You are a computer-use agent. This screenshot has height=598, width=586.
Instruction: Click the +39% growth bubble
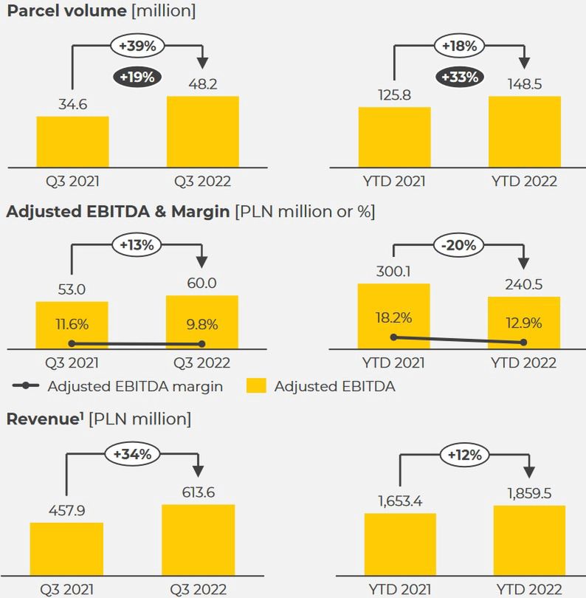tap(137, 46)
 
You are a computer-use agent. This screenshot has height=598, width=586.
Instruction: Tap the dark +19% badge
tap(137, 76)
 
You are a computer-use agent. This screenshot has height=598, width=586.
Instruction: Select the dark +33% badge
tap(459, 76)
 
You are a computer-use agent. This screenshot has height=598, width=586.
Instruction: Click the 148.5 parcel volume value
tap(524, 84)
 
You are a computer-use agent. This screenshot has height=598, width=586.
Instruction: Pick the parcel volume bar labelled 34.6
tap(73, 142)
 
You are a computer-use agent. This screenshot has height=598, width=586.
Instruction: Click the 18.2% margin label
tap(393, 318)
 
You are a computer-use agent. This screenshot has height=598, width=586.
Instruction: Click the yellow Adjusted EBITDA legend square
tap(256, 385)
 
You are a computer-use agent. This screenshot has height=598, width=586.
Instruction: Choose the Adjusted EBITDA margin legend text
tap(134, 385)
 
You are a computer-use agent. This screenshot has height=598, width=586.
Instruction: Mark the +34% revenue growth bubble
tap(132, 454)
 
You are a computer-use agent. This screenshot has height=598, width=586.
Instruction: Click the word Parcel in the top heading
tap(30, 11)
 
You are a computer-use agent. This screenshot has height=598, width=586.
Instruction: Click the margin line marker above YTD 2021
tap(393, 337)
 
